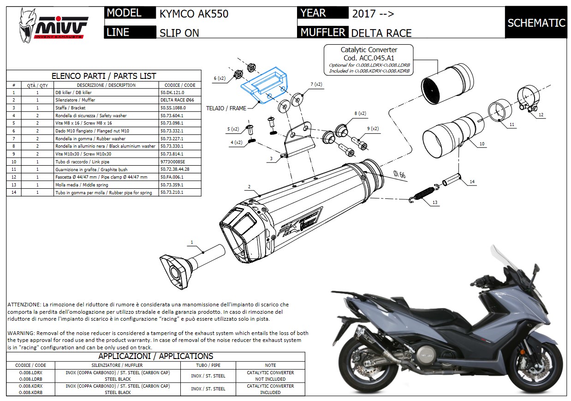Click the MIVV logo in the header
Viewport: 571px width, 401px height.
[x=53, y=26]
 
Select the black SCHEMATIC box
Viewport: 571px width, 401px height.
[x=536, y=23]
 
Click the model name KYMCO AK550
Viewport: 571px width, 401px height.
[x=194, y=14]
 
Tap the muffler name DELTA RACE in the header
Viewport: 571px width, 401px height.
[x=381, y=33]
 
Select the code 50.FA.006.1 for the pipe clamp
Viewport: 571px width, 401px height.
[x=172, y=177]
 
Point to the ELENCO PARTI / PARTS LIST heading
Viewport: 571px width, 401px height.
[x=104, y=76]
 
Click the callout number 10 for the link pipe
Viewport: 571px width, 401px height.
[x=482, y=144]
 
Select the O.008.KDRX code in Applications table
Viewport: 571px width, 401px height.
[x=31, y=386]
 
